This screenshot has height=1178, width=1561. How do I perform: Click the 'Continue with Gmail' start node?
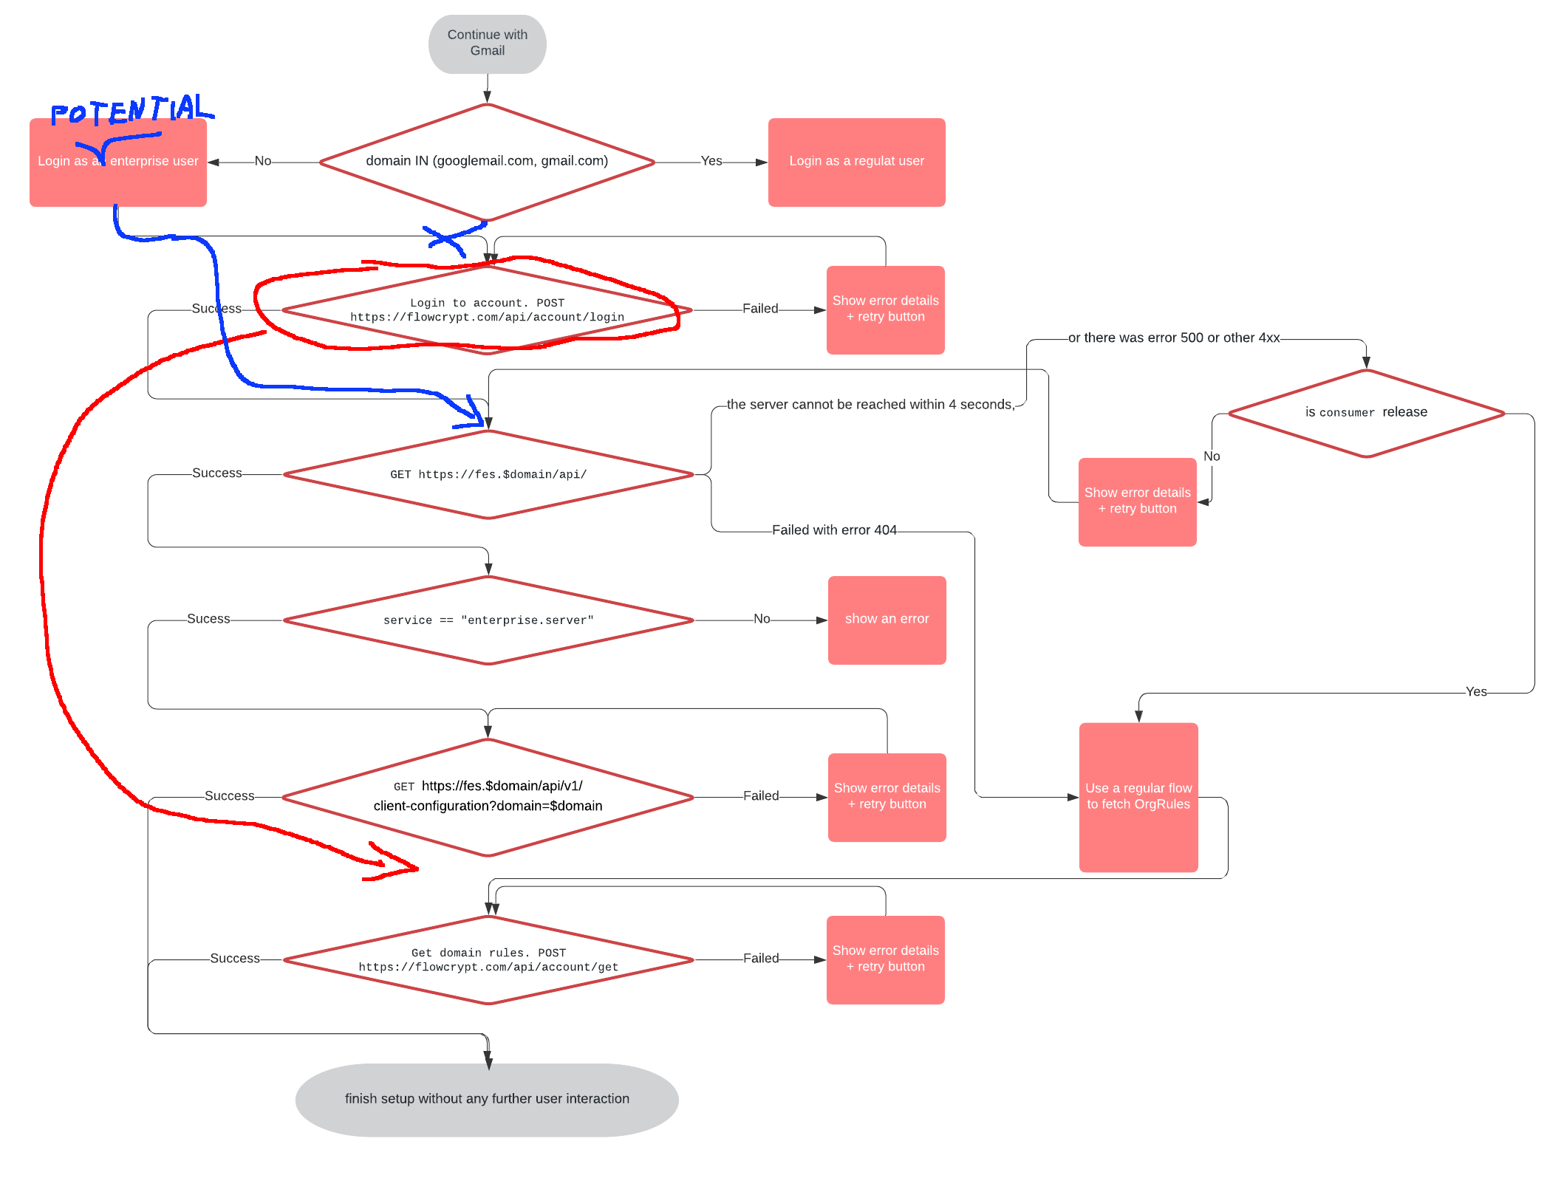click(x=487, y=44)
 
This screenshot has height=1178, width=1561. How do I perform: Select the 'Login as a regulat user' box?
click(x=856, y=162)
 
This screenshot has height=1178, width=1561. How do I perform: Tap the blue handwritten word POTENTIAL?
click(x=131, y=110)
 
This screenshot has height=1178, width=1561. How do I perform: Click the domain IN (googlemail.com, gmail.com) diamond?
click(x=487, y=162)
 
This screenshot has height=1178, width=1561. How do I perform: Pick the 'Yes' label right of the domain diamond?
click(x=711, y=161)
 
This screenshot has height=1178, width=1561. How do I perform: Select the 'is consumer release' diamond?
click(x=1366, y=413)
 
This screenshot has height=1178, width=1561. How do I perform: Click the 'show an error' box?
click(x=887, y=620)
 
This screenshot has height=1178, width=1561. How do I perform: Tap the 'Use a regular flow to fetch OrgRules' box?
click(x=1138, y=797)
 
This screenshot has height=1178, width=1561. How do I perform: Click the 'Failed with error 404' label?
click(x=834, y=530)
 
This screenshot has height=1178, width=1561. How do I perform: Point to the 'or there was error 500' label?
click(x=1173, y=338)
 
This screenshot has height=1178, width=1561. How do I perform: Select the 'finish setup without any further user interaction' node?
click(x=487, y=1099)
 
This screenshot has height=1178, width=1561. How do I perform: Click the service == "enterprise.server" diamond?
click(x=488, y=620)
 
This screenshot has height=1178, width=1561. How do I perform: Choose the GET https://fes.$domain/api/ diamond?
click(x=488, y=474)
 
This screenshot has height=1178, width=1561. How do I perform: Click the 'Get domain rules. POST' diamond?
click(x=488, y=959)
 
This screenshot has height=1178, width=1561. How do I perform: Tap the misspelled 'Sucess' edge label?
click(x=208, y=619)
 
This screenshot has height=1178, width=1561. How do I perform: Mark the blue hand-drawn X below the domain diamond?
click(x=445, y=240)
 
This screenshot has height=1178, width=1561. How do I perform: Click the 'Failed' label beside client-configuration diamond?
click(x=760, y=796)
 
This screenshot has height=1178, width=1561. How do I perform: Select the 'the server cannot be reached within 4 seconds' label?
click(x=870, y=405)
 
